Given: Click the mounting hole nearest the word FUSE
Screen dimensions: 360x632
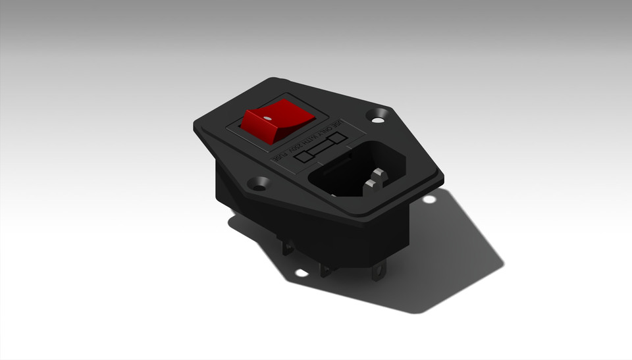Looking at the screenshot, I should [x=258, y=184].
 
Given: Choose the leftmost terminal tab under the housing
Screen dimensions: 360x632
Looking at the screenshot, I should [x=288, y=247].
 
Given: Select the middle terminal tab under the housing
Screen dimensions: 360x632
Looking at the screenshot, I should [x=325, y=270].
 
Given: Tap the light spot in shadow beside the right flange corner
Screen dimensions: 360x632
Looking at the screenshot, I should [x=429, y=199].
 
